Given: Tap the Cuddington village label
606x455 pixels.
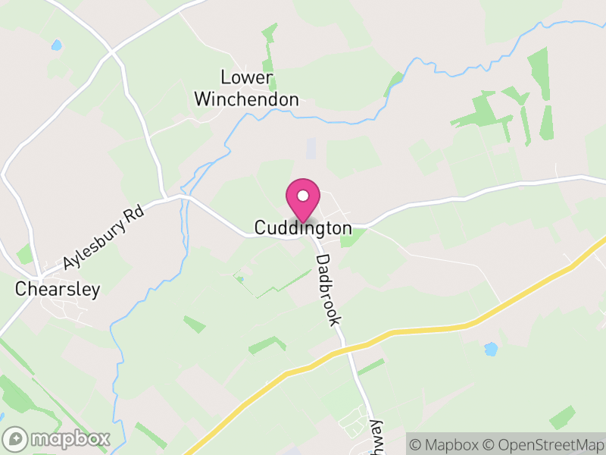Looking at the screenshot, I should pyautogui.click(x=303, y=227).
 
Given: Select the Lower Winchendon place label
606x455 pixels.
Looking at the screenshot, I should pyautogui.click(x=246, y=88).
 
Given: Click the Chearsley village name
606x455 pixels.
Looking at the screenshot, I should pyautogui.click(x=58, y=290).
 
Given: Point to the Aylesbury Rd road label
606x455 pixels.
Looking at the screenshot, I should pyautogui.click(x=103, y=240).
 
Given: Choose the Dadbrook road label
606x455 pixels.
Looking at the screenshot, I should pyautogui.click(x=328, y=289).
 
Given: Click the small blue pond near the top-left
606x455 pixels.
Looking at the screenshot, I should pyautogui.click(x=56, y=45).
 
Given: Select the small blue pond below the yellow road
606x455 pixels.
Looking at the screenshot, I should pyautogui.click(x=491, y=349).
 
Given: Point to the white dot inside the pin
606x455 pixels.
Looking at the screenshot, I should pyautogui.click(x=302, y=196).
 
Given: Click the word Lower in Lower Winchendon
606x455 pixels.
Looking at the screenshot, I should pyautogui.click(x=245, y=77).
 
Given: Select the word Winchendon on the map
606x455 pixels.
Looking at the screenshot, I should pyautogui.click(x=246, y=99).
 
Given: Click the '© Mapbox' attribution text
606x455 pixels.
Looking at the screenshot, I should pyautogui.click(x=451, y=444).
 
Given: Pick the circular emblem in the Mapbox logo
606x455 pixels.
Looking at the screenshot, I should pyautogui.click(x=15, y=438).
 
